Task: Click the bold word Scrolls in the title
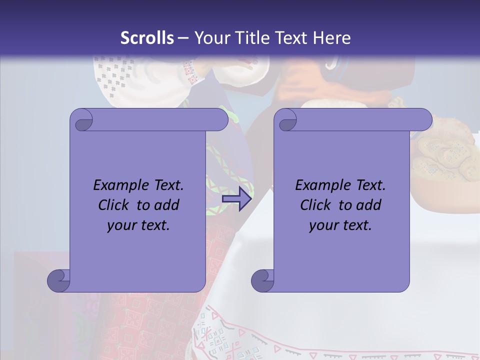click(x=147, y=38)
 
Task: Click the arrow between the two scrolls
click(x=236, y=199)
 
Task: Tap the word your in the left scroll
click(x=121, y=225)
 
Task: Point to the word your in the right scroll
click(x=323, y=225)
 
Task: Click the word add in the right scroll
click(x=370, y=205)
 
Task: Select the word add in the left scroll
click(x=168, y=205)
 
